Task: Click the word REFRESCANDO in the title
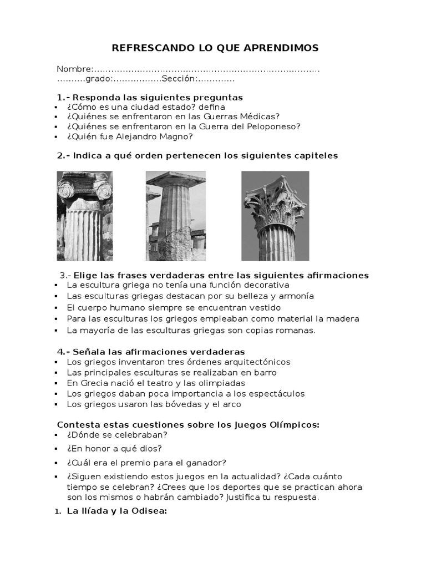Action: [x=143, y=48]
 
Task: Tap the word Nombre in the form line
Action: [x=73, y=69]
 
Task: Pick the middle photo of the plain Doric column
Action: [x=175, y=216]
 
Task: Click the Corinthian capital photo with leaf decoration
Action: [x=275, y=216]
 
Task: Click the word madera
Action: [x=345, y=318]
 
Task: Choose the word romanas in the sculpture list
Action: [x=295, y=330]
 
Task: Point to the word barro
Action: [x=265, y=372]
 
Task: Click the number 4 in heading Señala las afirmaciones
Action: [x=60, y=352]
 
